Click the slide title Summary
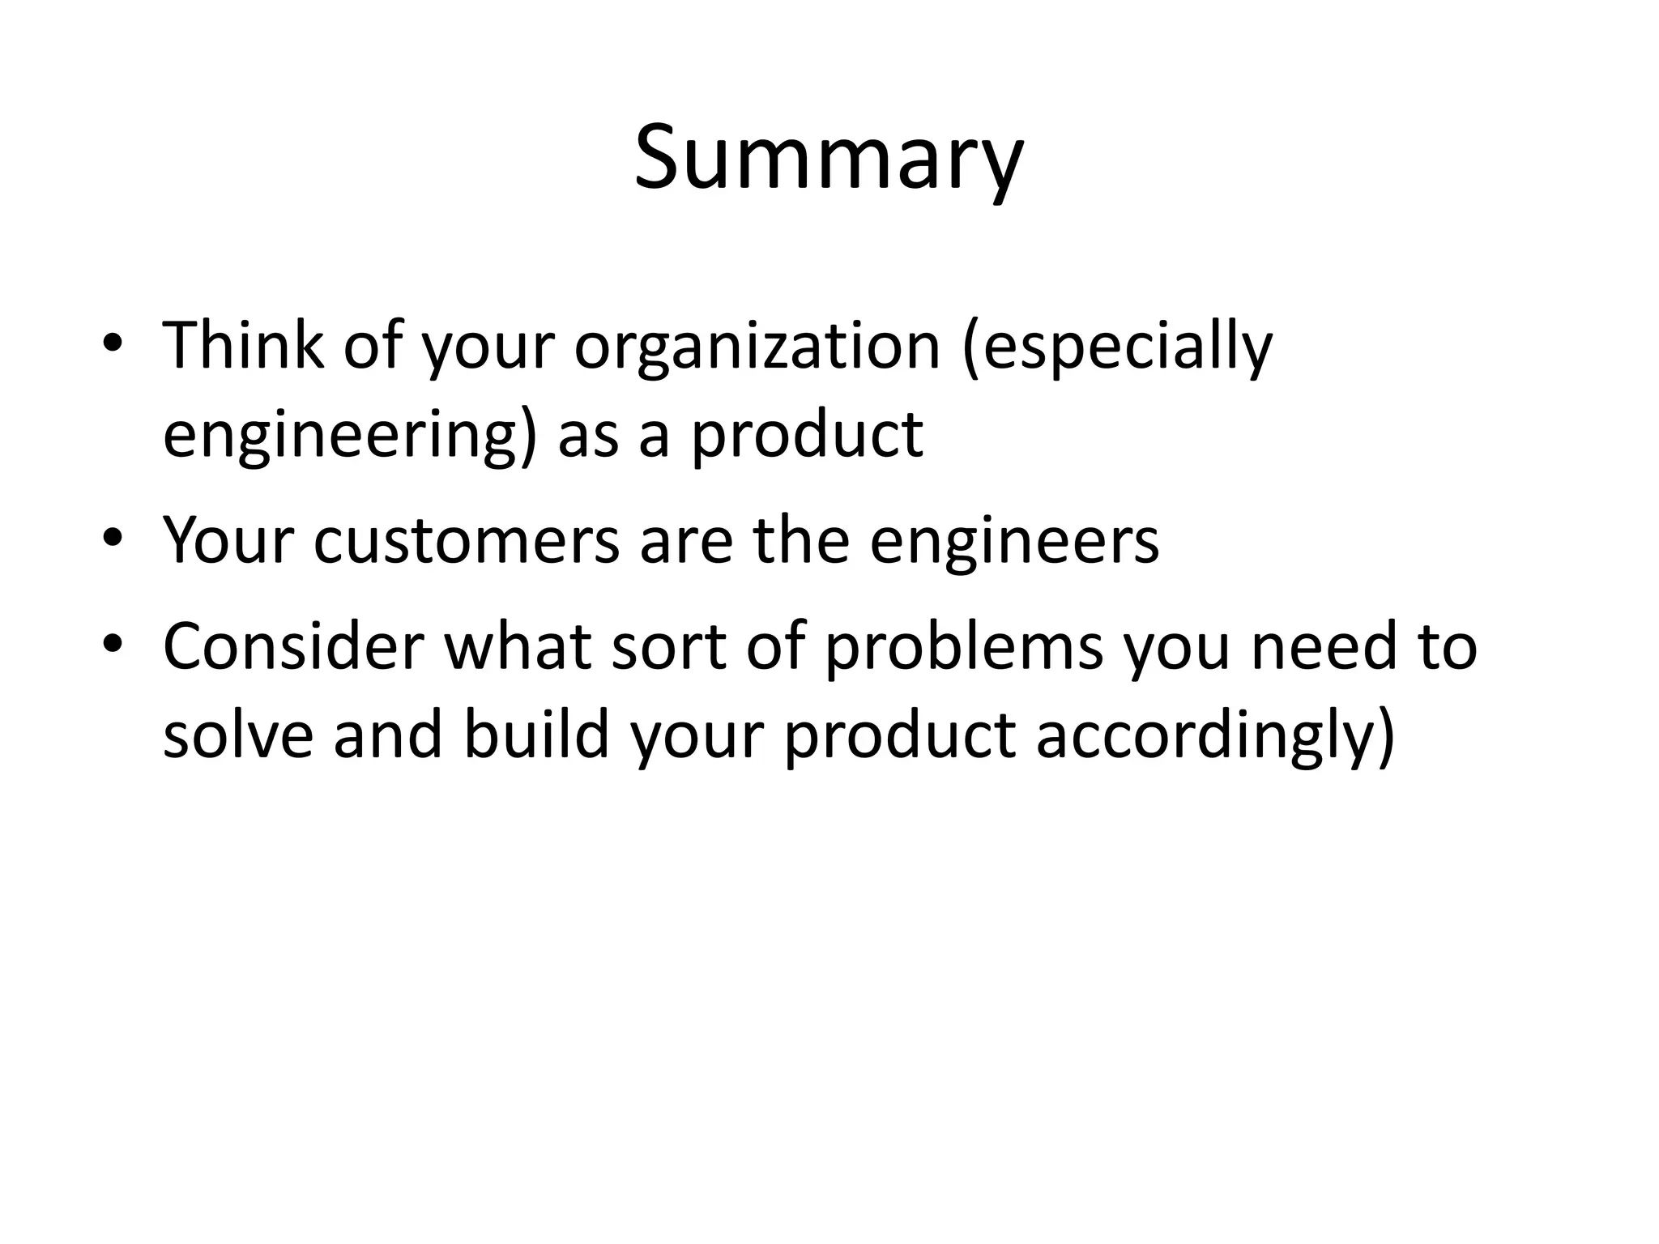[829, 159]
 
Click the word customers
[466, 541]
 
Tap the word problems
[964, 648]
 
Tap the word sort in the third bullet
[668, 647]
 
